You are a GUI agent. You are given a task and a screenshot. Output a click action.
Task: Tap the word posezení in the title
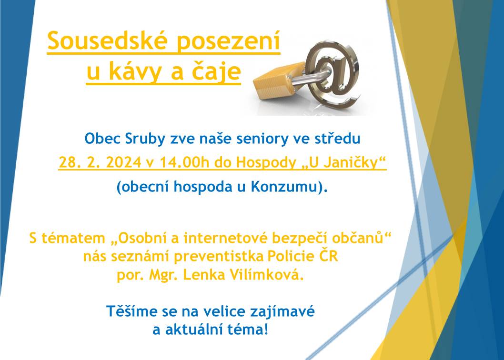pyautogui.click(x=229, y=41)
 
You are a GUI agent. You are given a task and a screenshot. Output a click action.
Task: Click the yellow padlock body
pyautogui.click(x=276, y=80)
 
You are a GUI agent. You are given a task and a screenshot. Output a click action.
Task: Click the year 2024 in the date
pyautogui.click(x=123, y=163)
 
